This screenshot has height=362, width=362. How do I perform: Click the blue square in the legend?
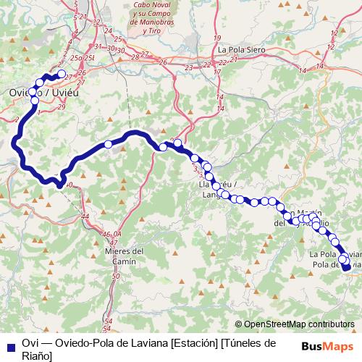click(10, 342)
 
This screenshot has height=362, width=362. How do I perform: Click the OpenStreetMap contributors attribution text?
click(299, 325)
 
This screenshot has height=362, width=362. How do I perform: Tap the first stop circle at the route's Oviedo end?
click(62, 73)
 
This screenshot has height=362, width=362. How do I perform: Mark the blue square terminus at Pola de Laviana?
click(347, 267)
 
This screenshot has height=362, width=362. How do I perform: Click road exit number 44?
click(85, 216)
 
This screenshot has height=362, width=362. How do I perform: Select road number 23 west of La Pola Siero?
click(188, 67)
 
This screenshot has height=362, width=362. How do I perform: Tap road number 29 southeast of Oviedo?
click(61, 107)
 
